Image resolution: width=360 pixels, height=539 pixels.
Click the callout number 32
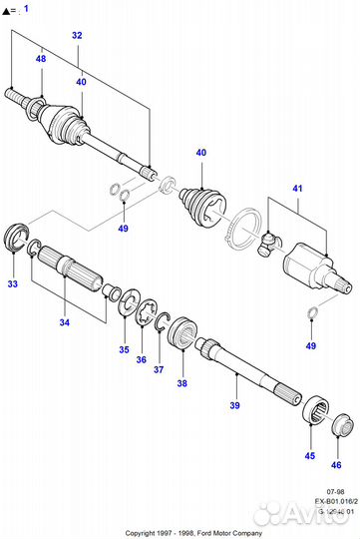coord(77,35)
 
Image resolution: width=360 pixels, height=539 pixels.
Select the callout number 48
coord(41,59)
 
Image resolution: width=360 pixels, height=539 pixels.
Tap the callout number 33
coord(13,283)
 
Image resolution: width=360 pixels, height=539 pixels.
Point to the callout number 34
coord(65,322)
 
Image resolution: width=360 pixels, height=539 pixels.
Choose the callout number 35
coord(125,350)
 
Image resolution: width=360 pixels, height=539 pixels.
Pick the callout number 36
coord(141,360)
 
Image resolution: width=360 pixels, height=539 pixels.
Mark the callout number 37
coord(158,369)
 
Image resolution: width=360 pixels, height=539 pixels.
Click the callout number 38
coord(181,382)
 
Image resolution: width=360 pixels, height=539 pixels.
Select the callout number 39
coord(235,406)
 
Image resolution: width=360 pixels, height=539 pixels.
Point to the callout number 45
coord(310,456)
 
